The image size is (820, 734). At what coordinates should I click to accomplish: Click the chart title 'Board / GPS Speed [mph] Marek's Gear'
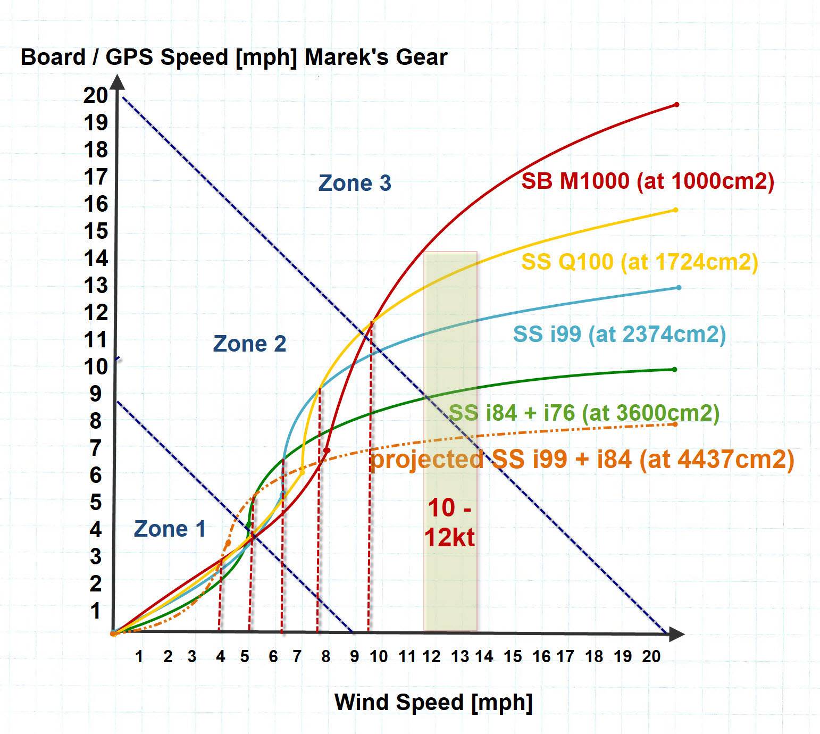pos(234,57)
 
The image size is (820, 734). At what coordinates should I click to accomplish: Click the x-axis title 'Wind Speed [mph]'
pos(433,702)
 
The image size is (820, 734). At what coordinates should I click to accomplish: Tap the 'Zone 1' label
pos(170,529)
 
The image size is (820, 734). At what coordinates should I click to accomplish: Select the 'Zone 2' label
pos(249,344)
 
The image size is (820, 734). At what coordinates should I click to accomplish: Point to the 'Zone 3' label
pos(355,183)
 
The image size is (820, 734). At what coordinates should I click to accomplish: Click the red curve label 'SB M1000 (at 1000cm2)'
pos(647,181)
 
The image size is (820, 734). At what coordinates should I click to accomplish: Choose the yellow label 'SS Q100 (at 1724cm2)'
pos(639,262)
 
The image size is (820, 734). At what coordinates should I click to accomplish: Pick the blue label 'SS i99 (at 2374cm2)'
pos(619,334)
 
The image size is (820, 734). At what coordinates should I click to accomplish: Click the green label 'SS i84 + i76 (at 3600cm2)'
pos(584,413)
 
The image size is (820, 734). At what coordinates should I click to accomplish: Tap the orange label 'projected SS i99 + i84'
pos(582,459)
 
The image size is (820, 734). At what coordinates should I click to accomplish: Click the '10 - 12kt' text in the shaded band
pos(449,522)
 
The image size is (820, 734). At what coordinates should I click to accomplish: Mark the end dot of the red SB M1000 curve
pos(676,104)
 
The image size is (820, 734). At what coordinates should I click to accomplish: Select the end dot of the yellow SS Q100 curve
pos(675,210)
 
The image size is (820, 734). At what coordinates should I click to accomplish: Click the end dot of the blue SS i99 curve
pos(679,288)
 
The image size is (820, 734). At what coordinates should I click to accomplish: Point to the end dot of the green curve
pos(674,369)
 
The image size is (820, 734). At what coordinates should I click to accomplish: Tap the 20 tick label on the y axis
pos(95,96)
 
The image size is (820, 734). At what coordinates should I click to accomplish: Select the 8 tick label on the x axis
pos(325,657)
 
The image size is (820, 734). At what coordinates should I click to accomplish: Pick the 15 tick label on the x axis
pos(513,657)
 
